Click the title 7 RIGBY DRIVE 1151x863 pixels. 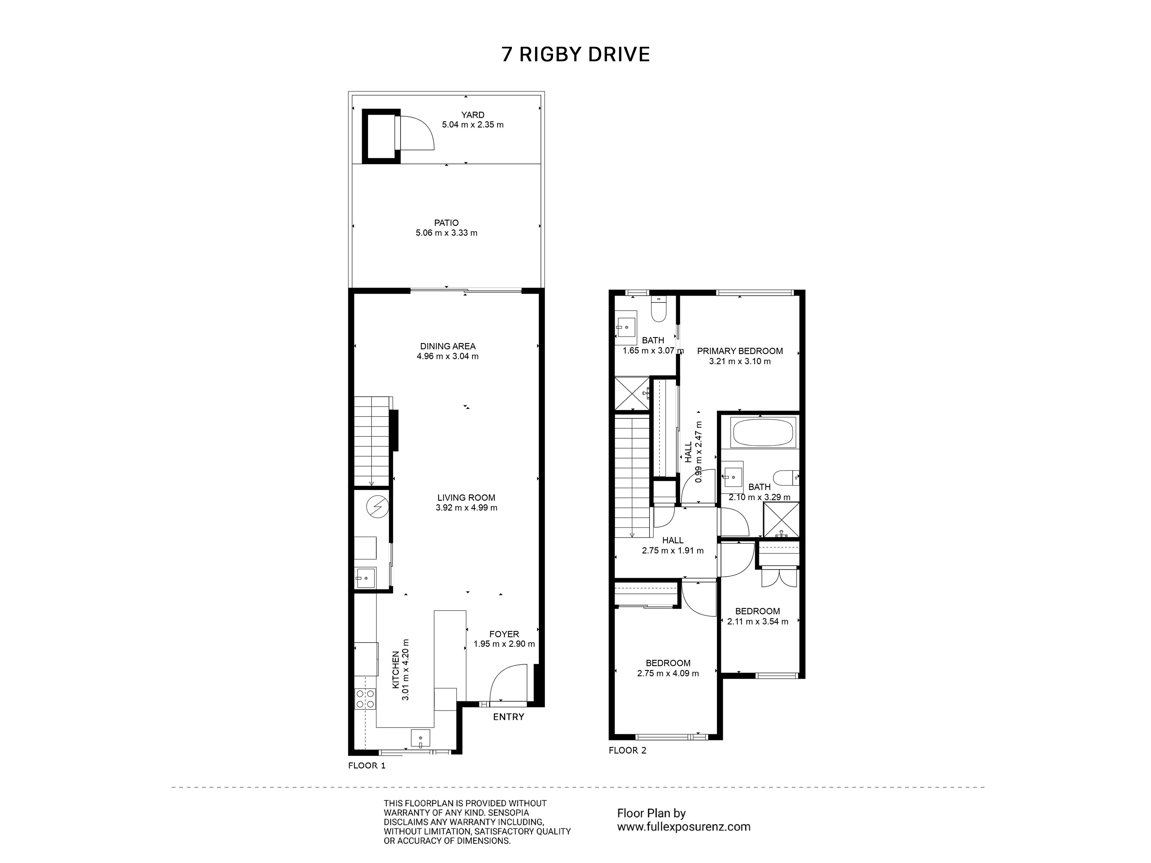pyautogui.click(x=575, y=54)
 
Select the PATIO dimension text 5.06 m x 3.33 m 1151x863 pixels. pyautogui.click(x=447, y=233)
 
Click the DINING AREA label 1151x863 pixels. pyautogui.click(x=447, y=346)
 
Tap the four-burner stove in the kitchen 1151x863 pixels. pyautogui.click(x=365, y=699)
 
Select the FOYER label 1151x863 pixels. pyautogui.click(x=504, y=634)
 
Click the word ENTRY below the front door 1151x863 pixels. pyautogui.click(x=508, y=717)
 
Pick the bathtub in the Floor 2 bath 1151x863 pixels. pyautogui.click(x=763, y=432)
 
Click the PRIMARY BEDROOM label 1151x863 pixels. pyautogui.click(x=740, y=351)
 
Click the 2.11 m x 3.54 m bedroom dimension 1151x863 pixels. pyautogui.click(x=758, y=621)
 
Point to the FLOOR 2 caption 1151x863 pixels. pyautogui.click(x=628, y=750)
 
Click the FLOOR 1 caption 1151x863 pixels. pyautogui.click(x=367, y=766)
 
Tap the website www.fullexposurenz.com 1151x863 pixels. pyautogui.click(x=684, y=826)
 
